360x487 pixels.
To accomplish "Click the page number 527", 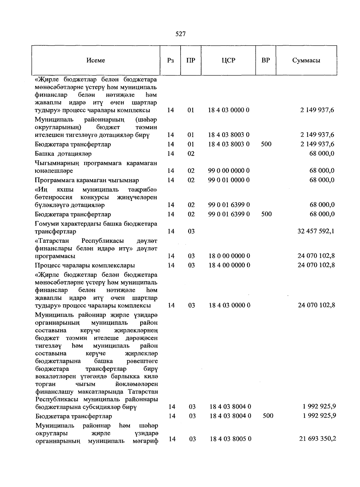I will pyautogui.click(x=181, y=34).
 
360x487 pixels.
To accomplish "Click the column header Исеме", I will pyautogui.click(x=96, y=60).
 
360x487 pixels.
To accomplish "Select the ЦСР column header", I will pyautogui.click(x=228, y=60).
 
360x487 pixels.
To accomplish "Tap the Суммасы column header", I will pyautogui.click(x=306, y=60).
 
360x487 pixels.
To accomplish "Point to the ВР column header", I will pyautogui.click(x=265, y=60).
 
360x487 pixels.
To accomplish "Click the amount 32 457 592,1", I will pyautogui.click(x=316, y=231).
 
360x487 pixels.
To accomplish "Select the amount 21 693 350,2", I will pyautogui.click(x=317, y=439).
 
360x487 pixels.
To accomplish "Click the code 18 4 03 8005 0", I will pyautogui.click(x=230, y=439).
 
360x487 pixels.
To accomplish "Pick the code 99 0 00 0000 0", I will pyautogui.click(x=229, y=171).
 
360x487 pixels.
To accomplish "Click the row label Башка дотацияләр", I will pyautogui.click(x=63, y=154).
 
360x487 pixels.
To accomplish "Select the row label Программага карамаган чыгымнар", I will pyautogui.click(x=87, y=180).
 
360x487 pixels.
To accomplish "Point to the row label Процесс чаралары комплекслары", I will pyautogui.click(x=85, y=266).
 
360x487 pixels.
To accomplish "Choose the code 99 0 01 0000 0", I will pyautogui.click(x=229, y=180).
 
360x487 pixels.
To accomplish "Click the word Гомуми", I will pyautogui.click(x=46, y=224).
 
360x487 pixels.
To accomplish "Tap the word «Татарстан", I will pyautogui.click(x=52, y=241).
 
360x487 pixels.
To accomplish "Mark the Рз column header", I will pyautogui.click(x=170, y=60).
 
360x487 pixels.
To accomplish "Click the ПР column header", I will pyautogui.click(x=190, y=60).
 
